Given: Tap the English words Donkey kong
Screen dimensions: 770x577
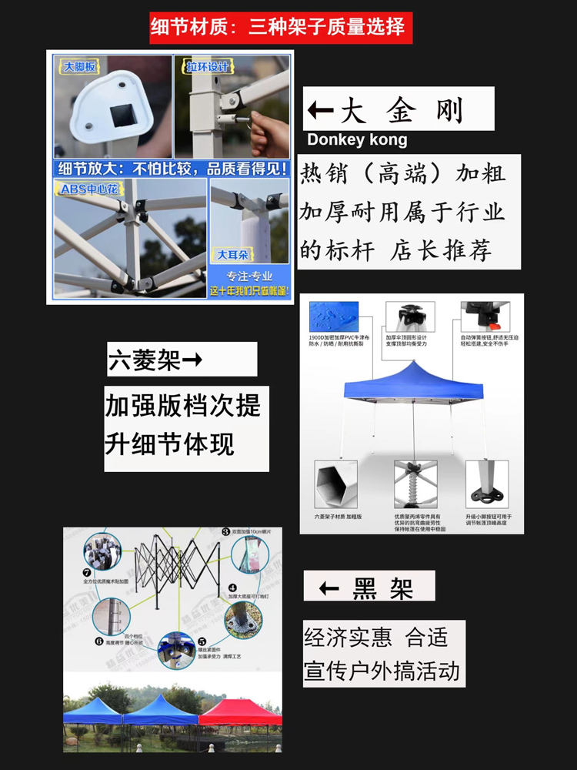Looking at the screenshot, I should click(x=357, y=140).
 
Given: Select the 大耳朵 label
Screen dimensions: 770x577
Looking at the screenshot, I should click(x=232, y=253).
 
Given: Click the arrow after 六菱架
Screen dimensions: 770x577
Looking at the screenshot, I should click(x=192, y=360).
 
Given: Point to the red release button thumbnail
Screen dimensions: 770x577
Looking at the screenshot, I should click(x=485, y=316).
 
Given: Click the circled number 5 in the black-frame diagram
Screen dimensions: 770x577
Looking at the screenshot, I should click(x=202, y=641).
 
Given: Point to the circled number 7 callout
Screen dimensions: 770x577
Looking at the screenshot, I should click(x=87, y=571).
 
